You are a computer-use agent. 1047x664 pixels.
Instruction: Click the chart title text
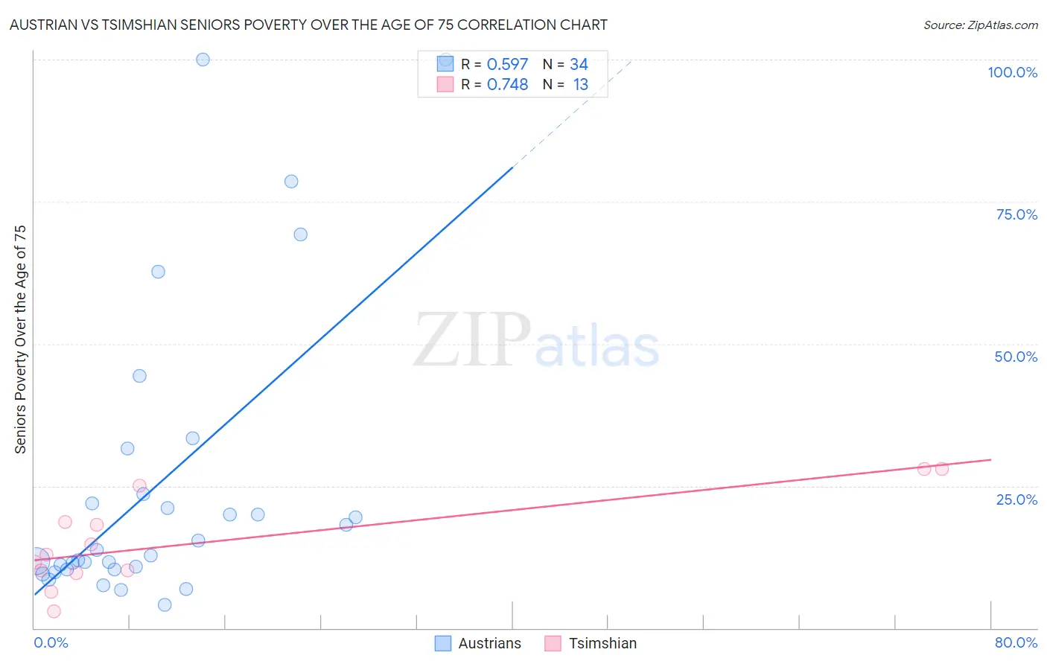tap(308, 25)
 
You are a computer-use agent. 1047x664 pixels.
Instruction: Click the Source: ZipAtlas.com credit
tap(980, 25)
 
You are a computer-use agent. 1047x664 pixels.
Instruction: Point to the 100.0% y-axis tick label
tap(1012, 72)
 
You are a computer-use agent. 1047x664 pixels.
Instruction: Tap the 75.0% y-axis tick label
tap(1016, 214)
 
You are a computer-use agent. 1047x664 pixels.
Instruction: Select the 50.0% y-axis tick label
tap(1016, 357)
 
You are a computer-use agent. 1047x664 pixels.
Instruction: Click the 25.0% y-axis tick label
tap(1016, 499)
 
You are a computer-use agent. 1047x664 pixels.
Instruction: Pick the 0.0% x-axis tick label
tap(51, 642)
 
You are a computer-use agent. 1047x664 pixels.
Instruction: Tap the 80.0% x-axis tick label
tap(1016, 642)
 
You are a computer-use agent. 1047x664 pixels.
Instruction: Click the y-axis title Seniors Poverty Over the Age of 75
tap(20, 339)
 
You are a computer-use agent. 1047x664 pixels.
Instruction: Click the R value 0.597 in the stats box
tap(507, 65)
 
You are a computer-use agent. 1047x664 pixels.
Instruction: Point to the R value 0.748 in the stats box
tap(507, 85)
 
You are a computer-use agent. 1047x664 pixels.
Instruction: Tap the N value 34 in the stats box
tap(579, 65)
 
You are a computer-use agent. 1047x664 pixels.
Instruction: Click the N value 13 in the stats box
tap(580, 85)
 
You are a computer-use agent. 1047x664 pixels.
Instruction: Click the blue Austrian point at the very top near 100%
tap(203, 60)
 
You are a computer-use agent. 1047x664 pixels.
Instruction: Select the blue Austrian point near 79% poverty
tap(291, 182)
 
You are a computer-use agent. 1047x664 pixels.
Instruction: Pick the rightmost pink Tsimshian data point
tap(942, 469)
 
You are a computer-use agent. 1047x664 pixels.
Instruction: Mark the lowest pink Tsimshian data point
tap(54, 611)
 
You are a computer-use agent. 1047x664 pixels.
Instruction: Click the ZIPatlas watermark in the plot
tap(536, 340)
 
